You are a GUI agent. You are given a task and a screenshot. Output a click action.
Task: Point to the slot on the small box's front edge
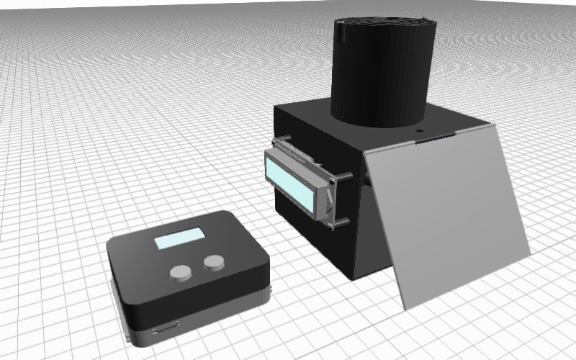(x=167, y=328)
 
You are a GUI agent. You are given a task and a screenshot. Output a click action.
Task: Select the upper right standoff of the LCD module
(x=346, y=175)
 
